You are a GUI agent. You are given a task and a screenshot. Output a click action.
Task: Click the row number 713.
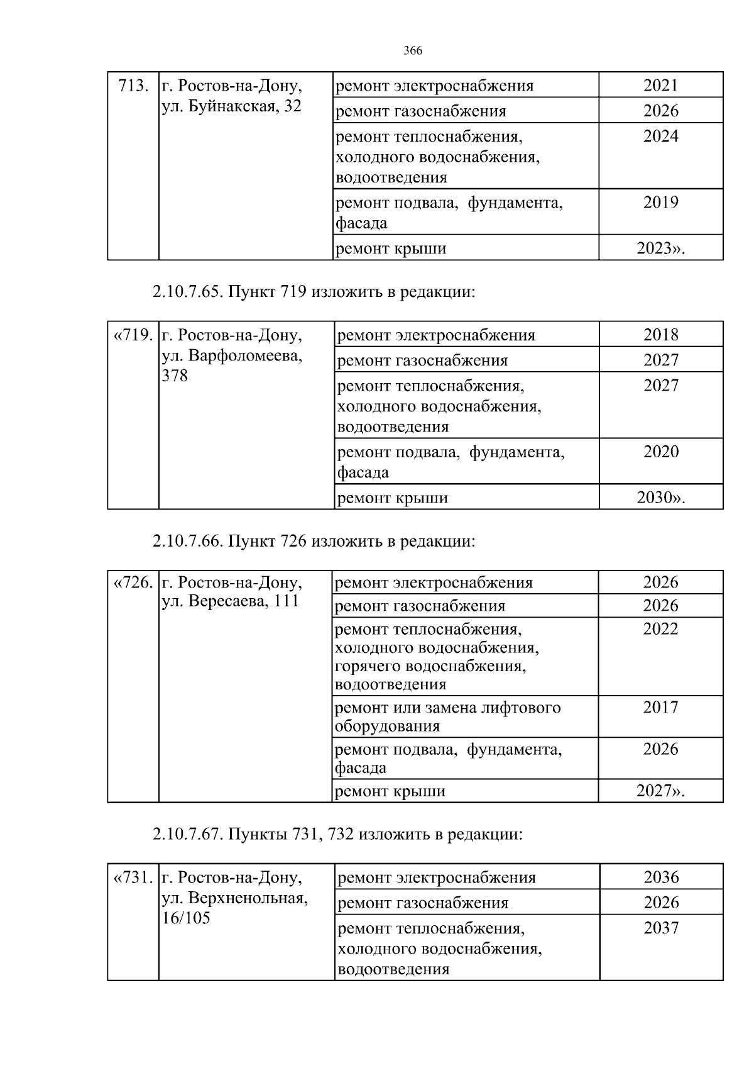coord(133,85)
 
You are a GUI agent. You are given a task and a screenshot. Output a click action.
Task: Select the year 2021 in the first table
coord(660,85)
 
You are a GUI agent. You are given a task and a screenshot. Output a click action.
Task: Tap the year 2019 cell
coord(660,203)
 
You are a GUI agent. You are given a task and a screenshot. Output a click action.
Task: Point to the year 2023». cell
coord(660,248)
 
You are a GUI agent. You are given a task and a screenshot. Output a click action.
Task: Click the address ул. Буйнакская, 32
coord(231,106)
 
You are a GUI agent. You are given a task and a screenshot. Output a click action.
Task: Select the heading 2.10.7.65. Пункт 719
coord(312,292)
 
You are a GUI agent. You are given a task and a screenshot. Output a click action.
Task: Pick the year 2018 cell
coord(661,335)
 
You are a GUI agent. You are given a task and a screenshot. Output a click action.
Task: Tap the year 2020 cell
coord(661,452)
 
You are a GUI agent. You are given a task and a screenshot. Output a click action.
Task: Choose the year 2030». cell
coord(661,498)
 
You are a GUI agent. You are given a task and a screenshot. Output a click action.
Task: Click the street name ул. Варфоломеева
coord(231,355)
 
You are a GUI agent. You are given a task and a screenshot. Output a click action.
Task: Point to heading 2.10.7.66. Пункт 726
coord(313,541)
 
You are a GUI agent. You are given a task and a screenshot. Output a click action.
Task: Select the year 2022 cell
coord(660,629)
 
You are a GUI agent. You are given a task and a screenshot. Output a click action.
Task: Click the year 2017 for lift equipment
coord(660,708)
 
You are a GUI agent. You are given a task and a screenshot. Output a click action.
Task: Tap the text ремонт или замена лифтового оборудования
coord(447,716)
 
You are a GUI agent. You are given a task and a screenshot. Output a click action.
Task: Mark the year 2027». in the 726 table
coord(660,791)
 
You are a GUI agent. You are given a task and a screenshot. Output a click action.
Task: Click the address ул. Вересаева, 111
coord(230,601)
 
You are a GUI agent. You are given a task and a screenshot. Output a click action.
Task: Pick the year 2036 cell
coord(662,877)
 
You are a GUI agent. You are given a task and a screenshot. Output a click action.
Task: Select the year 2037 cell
coord(662,928)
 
